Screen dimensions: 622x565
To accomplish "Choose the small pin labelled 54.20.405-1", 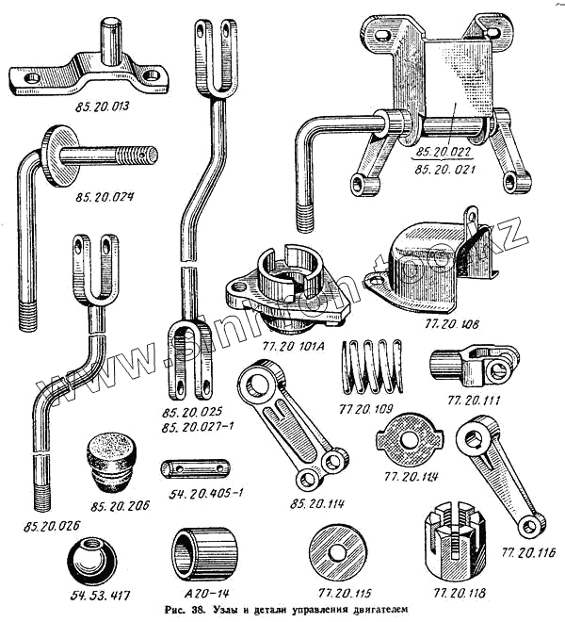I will (x=196, y=468).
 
